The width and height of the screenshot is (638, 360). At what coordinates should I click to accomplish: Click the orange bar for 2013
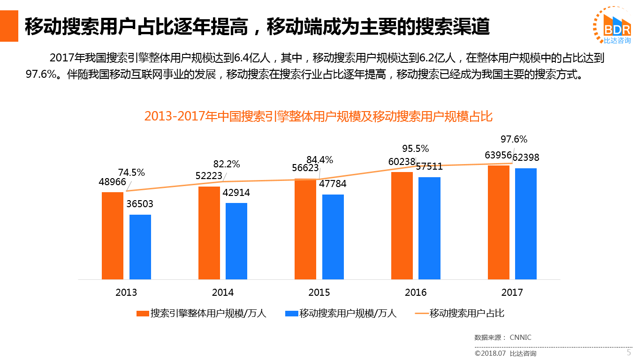(113, 235)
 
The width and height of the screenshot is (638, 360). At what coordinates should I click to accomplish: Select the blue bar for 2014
(236, 241)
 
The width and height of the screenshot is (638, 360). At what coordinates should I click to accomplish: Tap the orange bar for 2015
(305, 229)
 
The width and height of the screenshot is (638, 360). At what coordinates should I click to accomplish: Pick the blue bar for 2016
(429, 228)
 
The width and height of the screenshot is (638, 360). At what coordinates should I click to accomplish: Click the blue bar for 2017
(526, 224)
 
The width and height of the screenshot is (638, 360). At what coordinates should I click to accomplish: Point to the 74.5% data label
(132, 172)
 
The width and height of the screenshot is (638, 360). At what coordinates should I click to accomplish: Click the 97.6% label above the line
(514, 139)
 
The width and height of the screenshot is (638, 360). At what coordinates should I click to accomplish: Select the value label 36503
(140, 204)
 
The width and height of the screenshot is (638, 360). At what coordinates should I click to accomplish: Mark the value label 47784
(333, 184)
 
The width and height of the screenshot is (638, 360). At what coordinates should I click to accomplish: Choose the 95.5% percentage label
(415, 149)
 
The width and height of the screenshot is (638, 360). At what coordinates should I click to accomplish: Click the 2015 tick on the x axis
(319, 292)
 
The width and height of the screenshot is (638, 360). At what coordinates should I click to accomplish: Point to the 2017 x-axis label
(512, 292)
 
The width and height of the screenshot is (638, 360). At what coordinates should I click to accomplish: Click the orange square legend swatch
(142, 314)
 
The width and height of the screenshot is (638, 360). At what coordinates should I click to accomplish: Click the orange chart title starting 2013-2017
(318, 116)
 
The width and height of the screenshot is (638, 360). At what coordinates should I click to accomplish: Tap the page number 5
(629, 352)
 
